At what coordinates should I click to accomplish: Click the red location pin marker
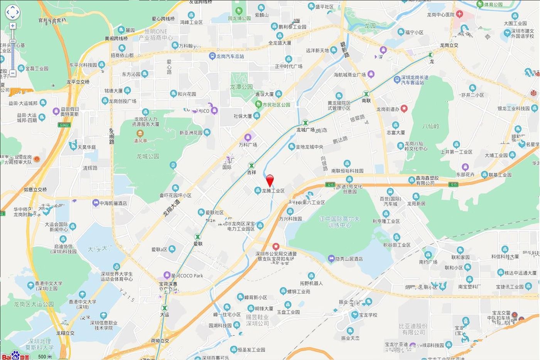(x=270, y=180)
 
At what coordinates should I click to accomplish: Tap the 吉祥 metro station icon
(x=251, y=165)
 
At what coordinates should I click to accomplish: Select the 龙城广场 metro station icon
(x=305, y=123)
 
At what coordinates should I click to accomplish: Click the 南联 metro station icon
(x=366, y=94)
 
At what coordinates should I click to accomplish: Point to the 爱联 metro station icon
(x=198, y=237)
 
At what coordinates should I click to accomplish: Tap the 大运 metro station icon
(x=165, y=308)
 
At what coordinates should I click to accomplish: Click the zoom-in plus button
(x=13, y=26)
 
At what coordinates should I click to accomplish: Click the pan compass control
(x=12, y=12)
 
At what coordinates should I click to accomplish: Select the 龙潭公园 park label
(x=241, y=87)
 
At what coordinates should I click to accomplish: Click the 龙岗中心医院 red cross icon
(x=459, y=14)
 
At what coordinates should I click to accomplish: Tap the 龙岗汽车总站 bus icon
(x=212, y=56)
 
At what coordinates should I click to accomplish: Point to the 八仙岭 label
(x=430, y=126)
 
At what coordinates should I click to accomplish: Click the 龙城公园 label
(x=148, y=156)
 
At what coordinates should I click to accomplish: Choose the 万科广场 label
(x=248, y=145)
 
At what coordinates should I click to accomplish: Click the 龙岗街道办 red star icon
(x=404, y=109)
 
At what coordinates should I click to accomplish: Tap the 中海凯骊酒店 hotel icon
(x=96, y=203)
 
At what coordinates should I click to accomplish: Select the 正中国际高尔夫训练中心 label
(x=339, y=222)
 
